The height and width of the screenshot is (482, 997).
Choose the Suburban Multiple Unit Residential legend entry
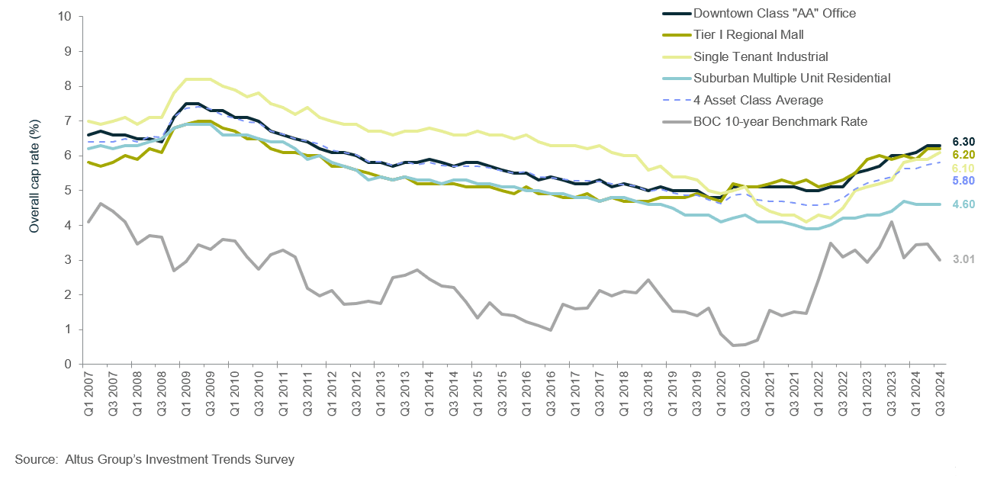point(792,78)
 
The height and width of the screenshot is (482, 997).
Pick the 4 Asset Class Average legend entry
point(758,100)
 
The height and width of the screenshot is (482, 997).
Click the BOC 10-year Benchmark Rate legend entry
point(780,121)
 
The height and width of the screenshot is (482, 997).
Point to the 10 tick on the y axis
point(66,16)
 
